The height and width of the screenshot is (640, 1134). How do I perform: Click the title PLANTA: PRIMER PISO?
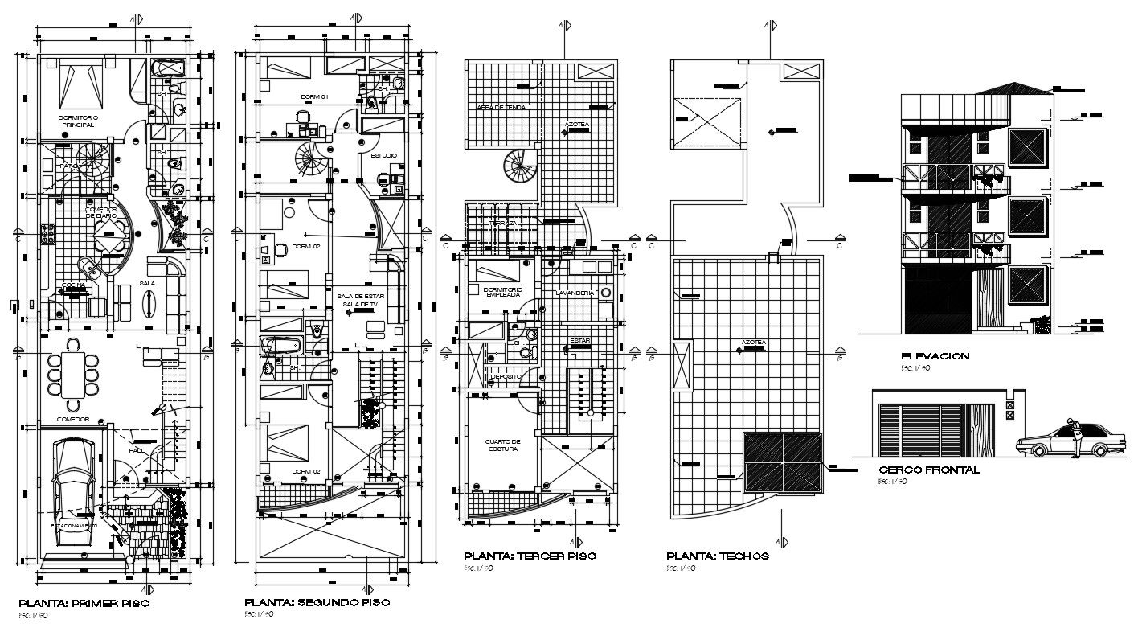(x=84, y=602)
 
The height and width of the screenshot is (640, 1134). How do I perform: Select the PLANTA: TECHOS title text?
(x=718, y=556)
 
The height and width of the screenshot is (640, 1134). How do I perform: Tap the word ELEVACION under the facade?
(x=935, y=356)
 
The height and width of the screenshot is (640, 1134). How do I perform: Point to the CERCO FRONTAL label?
(x=929, y=470)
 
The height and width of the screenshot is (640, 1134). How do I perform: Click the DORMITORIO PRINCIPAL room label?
(x=77, y=121)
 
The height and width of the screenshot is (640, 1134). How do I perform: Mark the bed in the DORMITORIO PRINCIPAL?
(x=80, y=84)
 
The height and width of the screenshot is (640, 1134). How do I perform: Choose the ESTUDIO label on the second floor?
(x=383, y=155)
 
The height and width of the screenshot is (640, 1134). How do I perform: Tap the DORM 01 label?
(x=314, y=96)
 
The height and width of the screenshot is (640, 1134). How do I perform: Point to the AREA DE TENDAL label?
(x=497, y=107)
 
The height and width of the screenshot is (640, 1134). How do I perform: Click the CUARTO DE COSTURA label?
(x=503, y=445)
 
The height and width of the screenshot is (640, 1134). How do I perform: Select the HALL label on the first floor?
(x=137, y=451)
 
